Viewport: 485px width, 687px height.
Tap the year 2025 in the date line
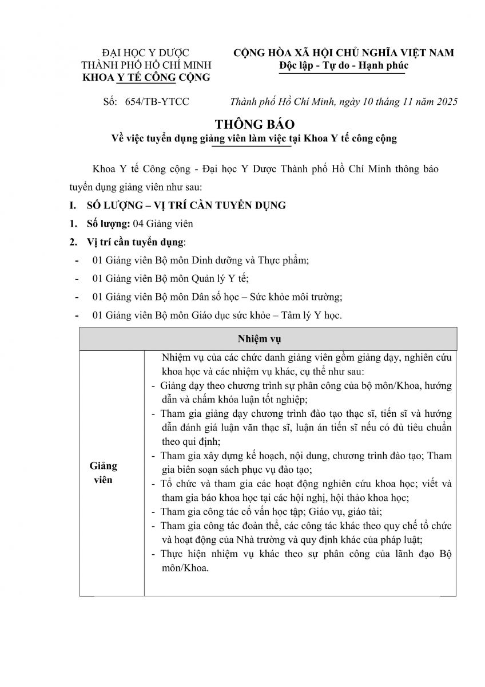446,102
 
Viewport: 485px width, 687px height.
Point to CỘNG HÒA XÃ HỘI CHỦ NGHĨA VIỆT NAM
344,53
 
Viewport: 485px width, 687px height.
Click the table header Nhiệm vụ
268,338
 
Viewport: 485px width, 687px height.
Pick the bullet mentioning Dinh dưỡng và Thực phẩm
200,260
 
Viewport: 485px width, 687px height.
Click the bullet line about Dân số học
217,297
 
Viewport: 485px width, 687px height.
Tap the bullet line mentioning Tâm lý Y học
217,315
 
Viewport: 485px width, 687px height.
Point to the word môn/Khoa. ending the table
185,568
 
